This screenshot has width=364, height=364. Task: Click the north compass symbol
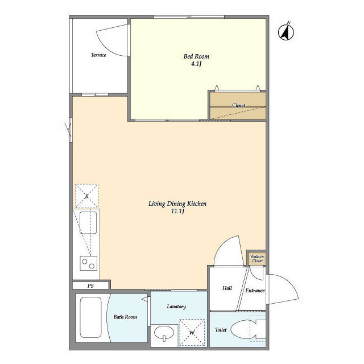[286, 32]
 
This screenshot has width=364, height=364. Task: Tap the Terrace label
[98, 55]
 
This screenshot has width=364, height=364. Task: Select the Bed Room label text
[196, 56]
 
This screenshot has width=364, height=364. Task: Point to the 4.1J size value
[196, 64]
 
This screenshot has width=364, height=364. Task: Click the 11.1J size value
[177, 211]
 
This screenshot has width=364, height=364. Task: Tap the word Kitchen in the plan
[197, 204]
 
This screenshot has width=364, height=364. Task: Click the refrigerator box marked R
[86, 196]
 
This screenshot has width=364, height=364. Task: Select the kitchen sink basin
[88, 222]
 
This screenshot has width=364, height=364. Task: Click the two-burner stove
[89, 263]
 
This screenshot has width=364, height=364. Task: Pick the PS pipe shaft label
[90, 286]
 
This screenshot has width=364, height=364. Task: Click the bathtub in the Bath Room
[90, 317]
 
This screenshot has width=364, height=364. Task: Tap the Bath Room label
[125, 317]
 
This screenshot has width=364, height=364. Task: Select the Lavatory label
[176, 307]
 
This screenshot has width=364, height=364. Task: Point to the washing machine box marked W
[192, 332]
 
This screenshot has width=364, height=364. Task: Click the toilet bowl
[244, 330]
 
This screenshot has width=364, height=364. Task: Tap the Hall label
[227, 288]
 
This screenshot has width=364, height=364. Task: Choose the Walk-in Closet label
[257, 259]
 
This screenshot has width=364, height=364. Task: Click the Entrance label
[255, 291]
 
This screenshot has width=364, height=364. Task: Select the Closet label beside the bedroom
[239, 105]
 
